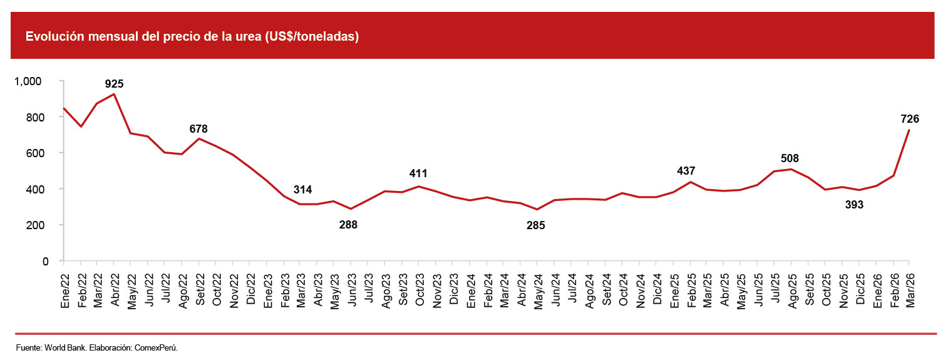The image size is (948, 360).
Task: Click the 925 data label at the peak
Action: point(114,83)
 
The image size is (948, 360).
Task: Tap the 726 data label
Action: point(909,119)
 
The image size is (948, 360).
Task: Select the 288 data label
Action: point(348,225)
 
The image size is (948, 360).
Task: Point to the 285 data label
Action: point(536,225)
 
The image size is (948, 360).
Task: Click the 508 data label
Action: point(790,158)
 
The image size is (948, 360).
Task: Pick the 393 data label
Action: point(853,204)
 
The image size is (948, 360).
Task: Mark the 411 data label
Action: point(419,173)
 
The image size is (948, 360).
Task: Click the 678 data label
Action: point(198,129)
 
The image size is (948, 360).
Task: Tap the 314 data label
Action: point(302,190)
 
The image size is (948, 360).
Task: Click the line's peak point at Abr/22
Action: point(113,94)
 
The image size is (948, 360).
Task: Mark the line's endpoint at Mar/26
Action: point(909,130)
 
